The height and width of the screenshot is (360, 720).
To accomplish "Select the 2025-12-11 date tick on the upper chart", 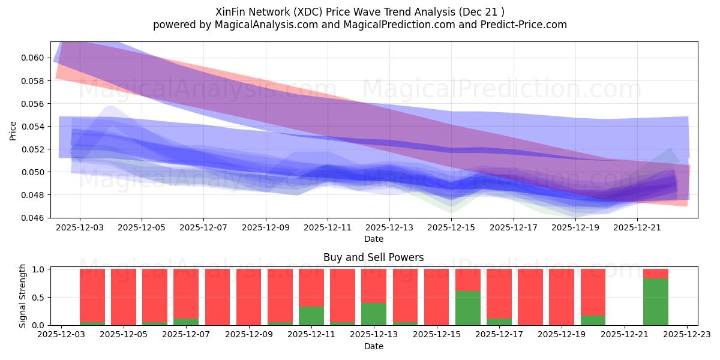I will point(327,227).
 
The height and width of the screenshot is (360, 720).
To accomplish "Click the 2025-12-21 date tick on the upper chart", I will point(637,227).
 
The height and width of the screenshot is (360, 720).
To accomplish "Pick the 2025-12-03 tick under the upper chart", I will point(79,227).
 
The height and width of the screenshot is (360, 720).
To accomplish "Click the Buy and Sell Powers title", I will point(373,257).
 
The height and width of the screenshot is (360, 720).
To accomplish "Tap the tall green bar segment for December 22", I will point(655,302).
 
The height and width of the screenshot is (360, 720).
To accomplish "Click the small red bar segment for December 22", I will point(655,274).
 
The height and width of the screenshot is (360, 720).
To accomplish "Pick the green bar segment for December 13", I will point(374,314).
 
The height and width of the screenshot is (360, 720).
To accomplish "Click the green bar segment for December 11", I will point(311,316).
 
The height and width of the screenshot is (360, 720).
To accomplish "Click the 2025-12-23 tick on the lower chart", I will point(686,334).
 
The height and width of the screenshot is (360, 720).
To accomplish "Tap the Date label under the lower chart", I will point(373,346).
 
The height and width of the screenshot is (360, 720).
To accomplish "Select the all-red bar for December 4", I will point(123,297).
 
